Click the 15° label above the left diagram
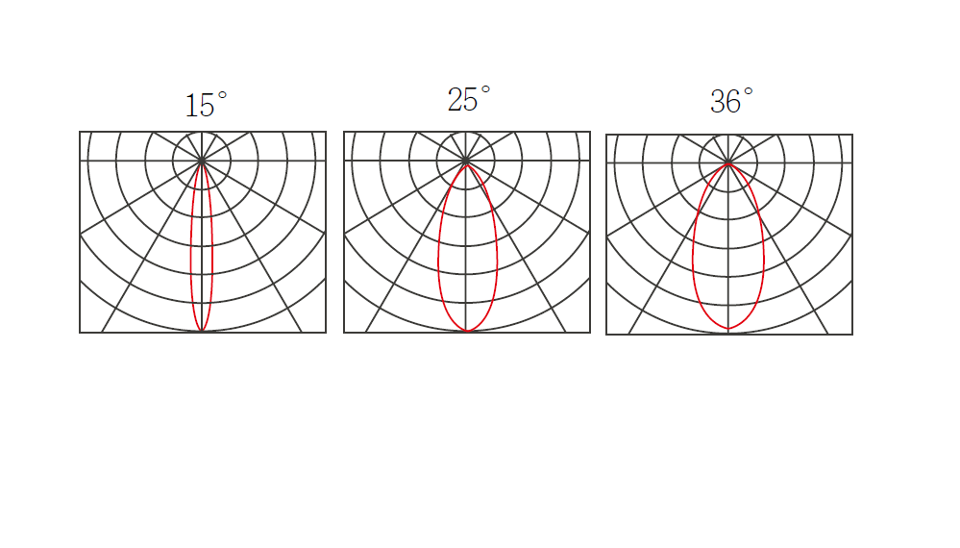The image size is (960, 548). tap(207, 104)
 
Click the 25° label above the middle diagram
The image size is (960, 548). tap(469, 99)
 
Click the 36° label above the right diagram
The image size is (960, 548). tap(731, 101)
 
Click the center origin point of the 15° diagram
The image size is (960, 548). tap(202, 161)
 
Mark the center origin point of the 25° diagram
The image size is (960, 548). tap(466, 161)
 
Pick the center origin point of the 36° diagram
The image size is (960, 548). tap(728, 163)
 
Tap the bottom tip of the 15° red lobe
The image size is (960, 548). tap(202, 332)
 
